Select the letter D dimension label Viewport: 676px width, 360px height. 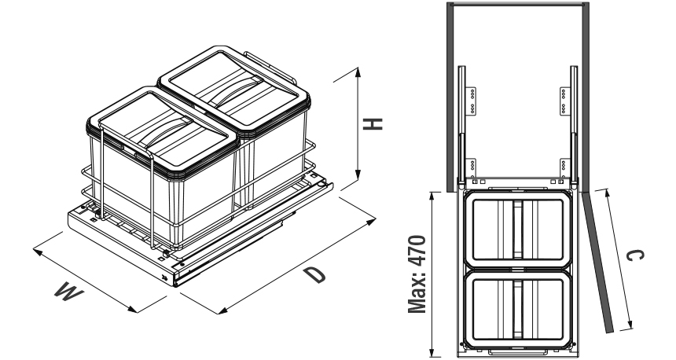[314, 274]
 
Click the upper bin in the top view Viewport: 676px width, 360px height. [518, 229]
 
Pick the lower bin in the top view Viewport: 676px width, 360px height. [518, 307]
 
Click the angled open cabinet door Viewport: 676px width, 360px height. [598, 259]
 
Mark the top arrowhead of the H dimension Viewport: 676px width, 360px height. [358, 71]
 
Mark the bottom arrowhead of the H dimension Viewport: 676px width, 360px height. [358, 178]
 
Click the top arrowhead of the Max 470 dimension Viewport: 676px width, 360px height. [432, 193]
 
